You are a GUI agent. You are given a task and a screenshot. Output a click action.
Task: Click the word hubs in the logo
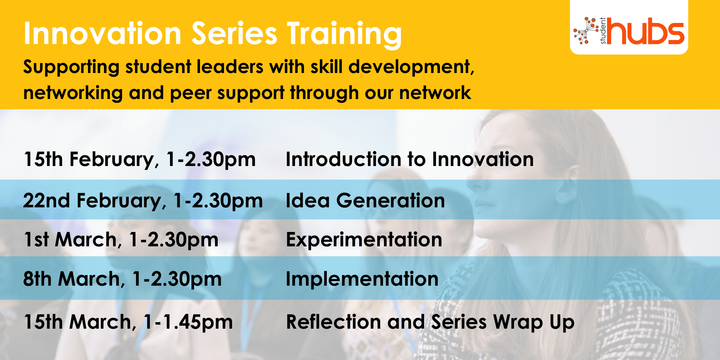(645, 31)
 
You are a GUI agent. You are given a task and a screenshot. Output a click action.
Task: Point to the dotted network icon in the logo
(586, 30)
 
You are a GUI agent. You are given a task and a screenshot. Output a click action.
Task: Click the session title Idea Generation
(365, 200)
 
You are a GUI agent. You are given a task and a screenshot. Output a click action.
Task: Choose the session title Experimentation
(364, 240)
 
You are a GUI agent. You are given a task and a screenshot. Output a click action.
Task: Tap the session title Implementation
(362, 279)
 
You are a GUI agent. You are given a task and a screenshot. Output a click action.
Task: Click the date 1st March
(70, 240)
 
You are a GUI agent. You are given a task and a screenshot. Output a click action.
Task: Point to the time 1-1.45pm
(188, 323)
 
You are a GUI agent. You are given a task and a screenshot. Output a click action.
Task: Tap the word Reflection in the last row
(333, 322)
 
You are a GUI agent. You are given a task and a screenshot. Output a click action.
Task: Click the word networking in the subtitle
(73, 93)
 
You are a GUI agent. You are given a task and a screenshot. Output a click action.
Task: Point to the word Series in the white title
(234, 33)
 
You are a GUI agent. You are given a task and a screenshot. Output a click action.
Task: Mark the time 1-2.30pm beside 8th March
(177, 279)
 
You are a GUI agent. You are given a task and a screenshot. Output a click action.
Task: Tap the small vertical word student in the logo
(603, 31)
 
